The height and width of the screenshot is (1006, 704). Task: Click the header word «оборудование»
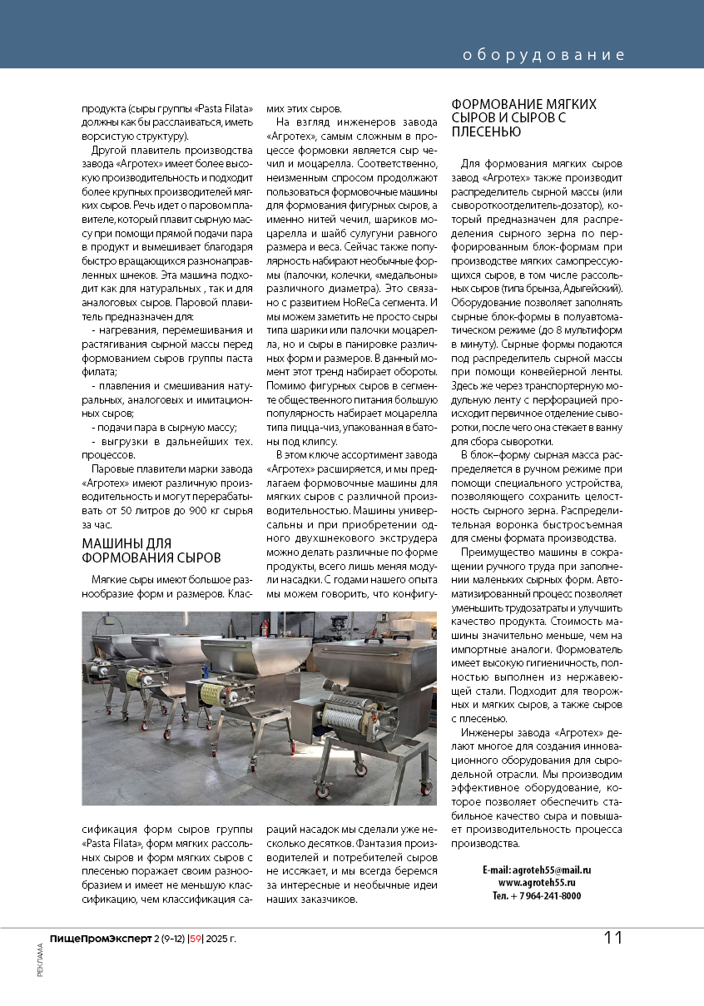click(543, 55)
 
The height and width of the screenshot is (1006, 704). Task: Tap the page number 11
click(613, 938)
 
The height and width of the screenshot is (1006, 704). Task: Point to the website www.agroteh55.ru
click(538, 882)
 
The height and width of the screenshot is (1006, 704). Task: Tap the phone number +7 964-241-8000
click(536, 895)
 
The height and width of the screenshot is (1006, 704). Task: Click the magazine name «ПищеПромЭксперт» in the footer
click(99, 939)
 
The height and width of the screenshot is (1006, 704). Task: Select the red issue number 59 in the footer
click(196, 939)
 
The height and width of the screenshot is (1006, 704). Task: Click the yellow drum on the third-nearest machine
click(136, 678)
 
